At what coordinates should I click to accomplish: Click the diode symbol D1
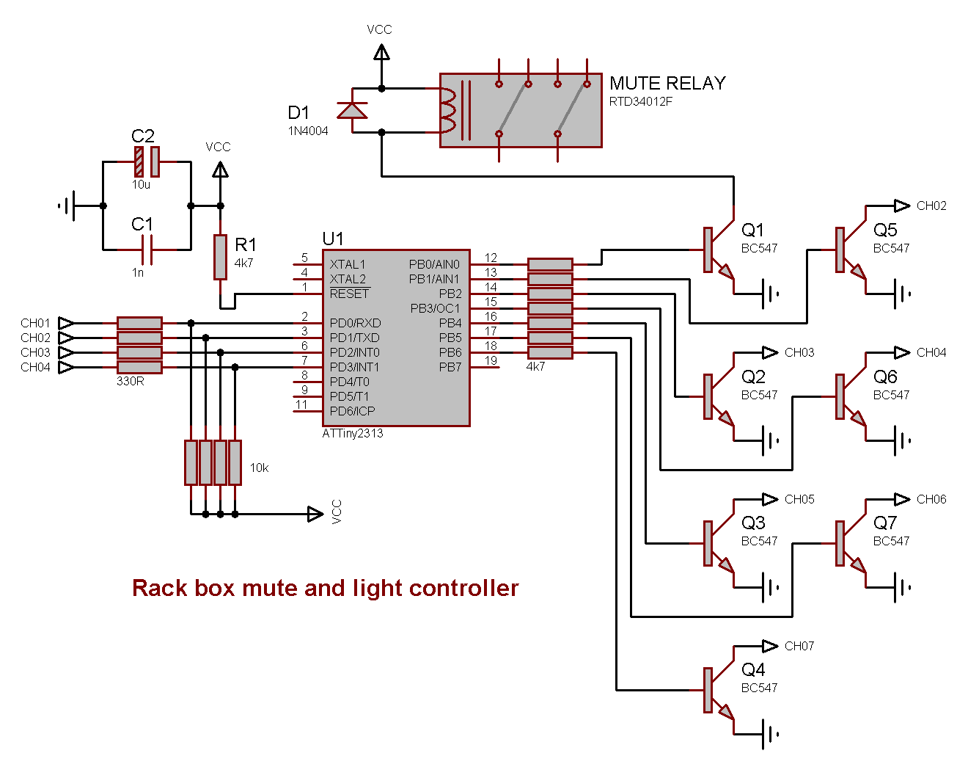352,111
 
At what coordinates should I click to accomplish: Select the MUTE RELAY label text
667,84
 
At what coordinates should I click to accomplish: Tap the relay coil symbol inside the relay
447,110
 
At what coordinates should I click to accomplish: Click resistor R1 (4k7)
220,257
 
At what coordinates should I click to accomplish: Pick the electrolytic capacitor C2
147,161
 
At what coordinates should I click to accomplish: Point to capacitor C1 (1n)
147,250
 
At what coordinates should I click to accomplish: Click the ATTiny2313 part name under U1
353,434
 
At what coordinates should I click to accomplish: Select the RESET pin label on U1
350,294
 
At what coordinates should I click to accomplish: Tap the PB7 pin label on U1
450,367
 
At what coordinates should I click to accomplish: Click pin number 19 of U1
491,360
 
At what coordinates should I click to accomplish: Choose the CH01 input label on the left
35,323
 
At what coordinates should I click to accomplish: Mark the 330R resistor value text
131,382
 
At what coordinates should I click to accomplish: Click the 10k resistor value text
260,468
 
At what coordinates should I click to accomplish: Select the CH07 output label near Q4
799,646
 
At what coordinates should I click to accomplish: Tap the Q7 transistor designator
885,523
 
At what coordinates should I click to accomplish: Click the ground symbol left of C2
67,206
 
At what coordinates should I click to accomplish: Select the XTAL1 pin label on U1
348,264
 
